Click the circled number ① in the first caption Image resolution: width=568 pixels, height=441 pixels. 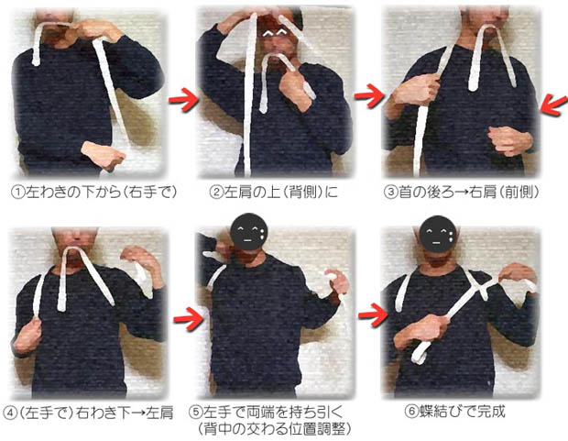tap(17, 193)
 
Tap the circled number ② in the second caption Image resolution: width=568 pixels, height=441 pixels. tap(216, 193)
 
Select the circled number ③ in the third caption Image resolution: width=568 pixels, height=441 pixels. tap(390, 193)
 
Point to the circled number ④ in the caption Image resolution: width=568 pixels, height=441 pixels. tap(10, 413)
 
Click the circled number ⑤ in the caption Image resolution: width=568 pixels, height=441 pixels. tap(196, 413)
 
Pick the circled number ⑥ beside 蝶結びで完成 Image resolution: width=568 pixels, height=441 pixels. tap(411, 413)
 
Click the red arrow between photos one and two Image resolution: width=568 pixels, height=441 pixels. tap(183, 99)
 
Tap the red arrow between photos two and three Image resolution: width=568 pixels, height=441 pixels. tap(369, 95)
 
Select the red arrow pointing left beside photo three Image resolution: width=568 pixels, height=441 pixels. tap(553, 105)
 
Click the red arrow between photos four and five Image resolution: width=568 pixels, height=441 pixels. tap(188, 318)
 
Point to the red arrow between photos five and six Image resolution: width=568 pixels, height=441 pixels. tap(373, 314)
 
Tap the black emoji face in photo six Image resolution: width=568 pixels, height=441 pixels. tap(438, 234)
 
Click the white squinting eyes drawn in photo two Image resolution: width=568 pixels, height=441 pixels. tap(275, 33)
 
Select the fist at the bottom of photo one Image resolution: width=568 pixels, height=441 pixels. tap(104, 155)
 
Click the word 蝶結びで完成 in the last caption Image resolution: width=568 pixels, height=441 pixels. tap(462, 413)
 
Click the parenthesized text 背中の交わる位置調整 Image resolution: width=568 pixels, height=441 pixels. tap(275, 429)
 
